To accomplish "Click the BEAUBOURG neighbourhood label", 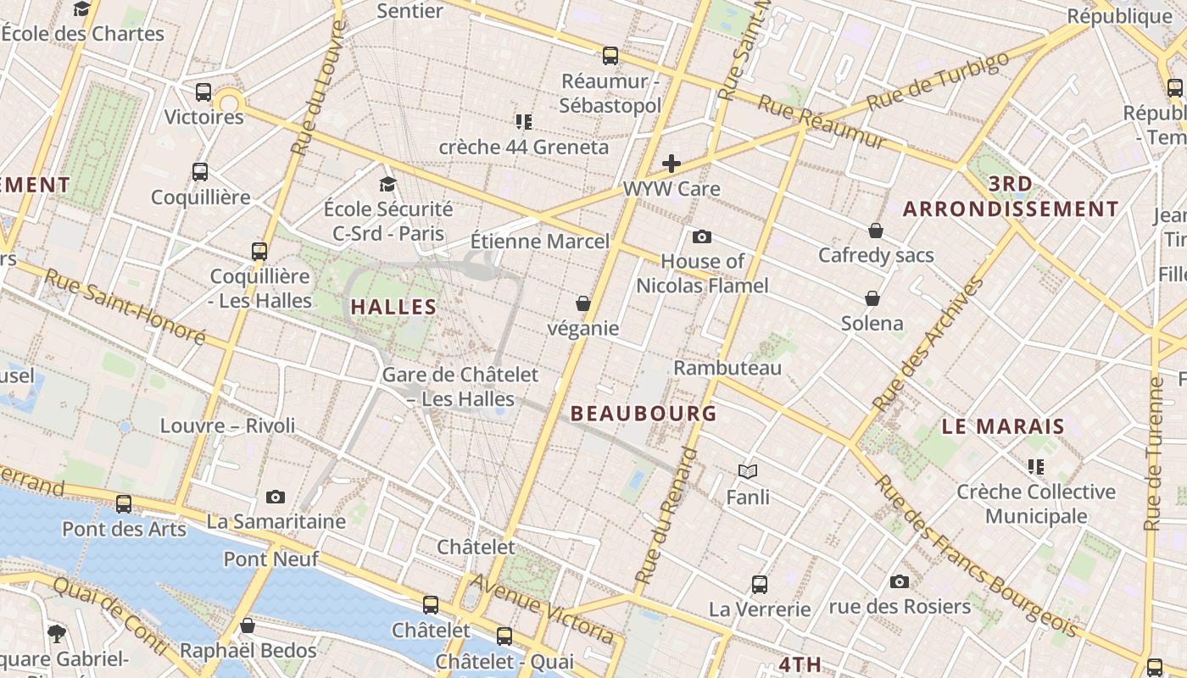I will [644, 414].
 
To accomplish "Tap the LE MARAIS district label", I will [1003, 426].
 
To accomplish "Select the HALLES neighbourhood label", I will [393, 307].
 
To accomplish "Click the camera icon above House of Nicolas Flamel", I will [702, 236].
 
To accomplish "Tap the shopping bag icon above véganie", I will [583, 303].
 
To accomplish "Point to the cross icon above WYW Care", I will [672, 164].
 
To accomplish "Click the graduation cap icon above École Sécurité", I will [387, 184].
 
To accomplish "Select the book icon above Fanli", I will [748, 471].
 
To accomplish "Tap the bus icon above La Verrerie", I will [760, 584].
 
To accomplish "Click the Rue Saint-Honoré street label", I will [125, 306].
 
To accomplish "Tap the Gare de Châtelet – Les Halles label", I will [460, 386].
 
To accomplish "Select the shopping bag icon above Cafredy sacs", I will [876, 231].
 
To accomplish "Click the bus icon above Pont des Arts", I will [124, 504].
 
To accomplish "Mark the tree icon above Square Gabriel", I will [57, 633].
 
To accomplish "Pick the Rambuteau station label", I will [727, 368].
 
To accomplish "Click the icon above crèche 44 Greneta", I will [523, 122].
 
